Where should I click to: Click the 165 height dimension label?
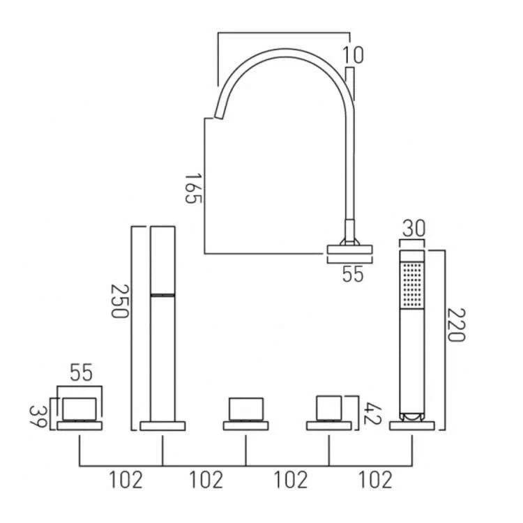click(x=193, y=188)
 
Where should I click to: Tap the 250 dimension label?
click(x=119, y=301)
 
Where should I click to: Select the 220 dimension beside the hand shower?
click(x=455, y=325)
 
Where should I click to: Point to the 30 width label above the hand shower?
click(x=414, y=229)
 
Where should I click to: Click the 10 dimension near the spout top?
click(x=353, y=55)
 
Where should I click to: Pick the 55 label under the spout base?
click(x=353, y=275)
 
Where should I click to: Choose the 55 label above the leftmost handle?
click(x=81, y=372)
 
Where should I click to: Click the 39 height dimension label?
click(x=38, y=416)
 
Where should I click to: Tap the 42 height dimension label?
click(x=372, y=414)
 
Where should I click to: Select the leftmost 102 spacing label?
click(x=126, y=480)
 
